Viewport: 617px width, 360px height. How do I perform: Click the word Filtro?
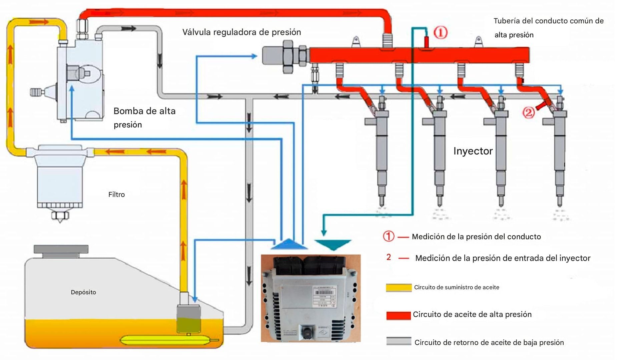116,195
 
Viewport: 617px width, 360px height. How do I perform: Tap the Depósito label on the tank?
83,292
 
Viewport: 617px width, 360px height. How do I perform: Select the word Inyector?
473,151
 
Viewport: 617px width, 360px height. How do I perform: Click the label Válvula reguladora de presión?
241,32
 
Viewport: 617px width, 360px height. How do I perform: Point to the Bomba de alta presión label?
144,117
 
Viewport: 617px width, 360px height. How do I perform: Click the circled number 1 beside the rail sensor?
440,33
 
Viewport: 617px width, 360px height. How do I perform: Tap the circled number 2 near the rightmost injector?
528,112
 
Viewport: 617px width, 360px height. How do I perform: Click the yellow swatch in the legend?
399,288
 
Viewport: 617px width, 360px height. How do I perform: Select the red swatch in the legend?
399,315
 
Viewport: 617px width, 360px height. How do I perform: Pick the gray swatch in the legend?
399,341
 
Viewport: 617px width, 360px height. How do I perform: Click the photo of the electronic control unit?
311,298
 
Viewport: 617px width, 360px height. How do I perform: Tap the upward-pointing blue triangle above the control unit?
289,244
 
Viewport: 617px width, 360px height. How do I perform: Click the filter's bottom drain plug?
60,216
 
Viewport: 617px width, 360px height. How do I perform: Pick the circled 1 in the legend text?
388,236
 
